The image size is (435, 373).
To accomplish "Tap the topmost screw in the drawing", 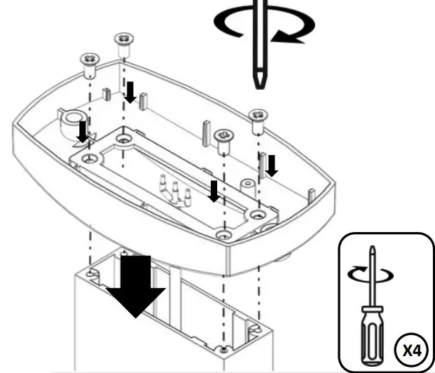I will tap(123, 44).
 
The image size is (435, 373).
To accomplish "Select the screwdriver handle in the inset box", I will tap(372, 330).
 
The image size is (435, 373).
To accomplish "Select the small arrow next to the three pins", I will tap(214, 190).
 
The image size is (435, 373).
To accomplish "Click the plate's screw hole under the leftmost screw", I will tap(88, 160).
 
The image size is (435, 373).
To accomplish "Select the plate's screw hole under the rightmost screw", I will tap(256, 211).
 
